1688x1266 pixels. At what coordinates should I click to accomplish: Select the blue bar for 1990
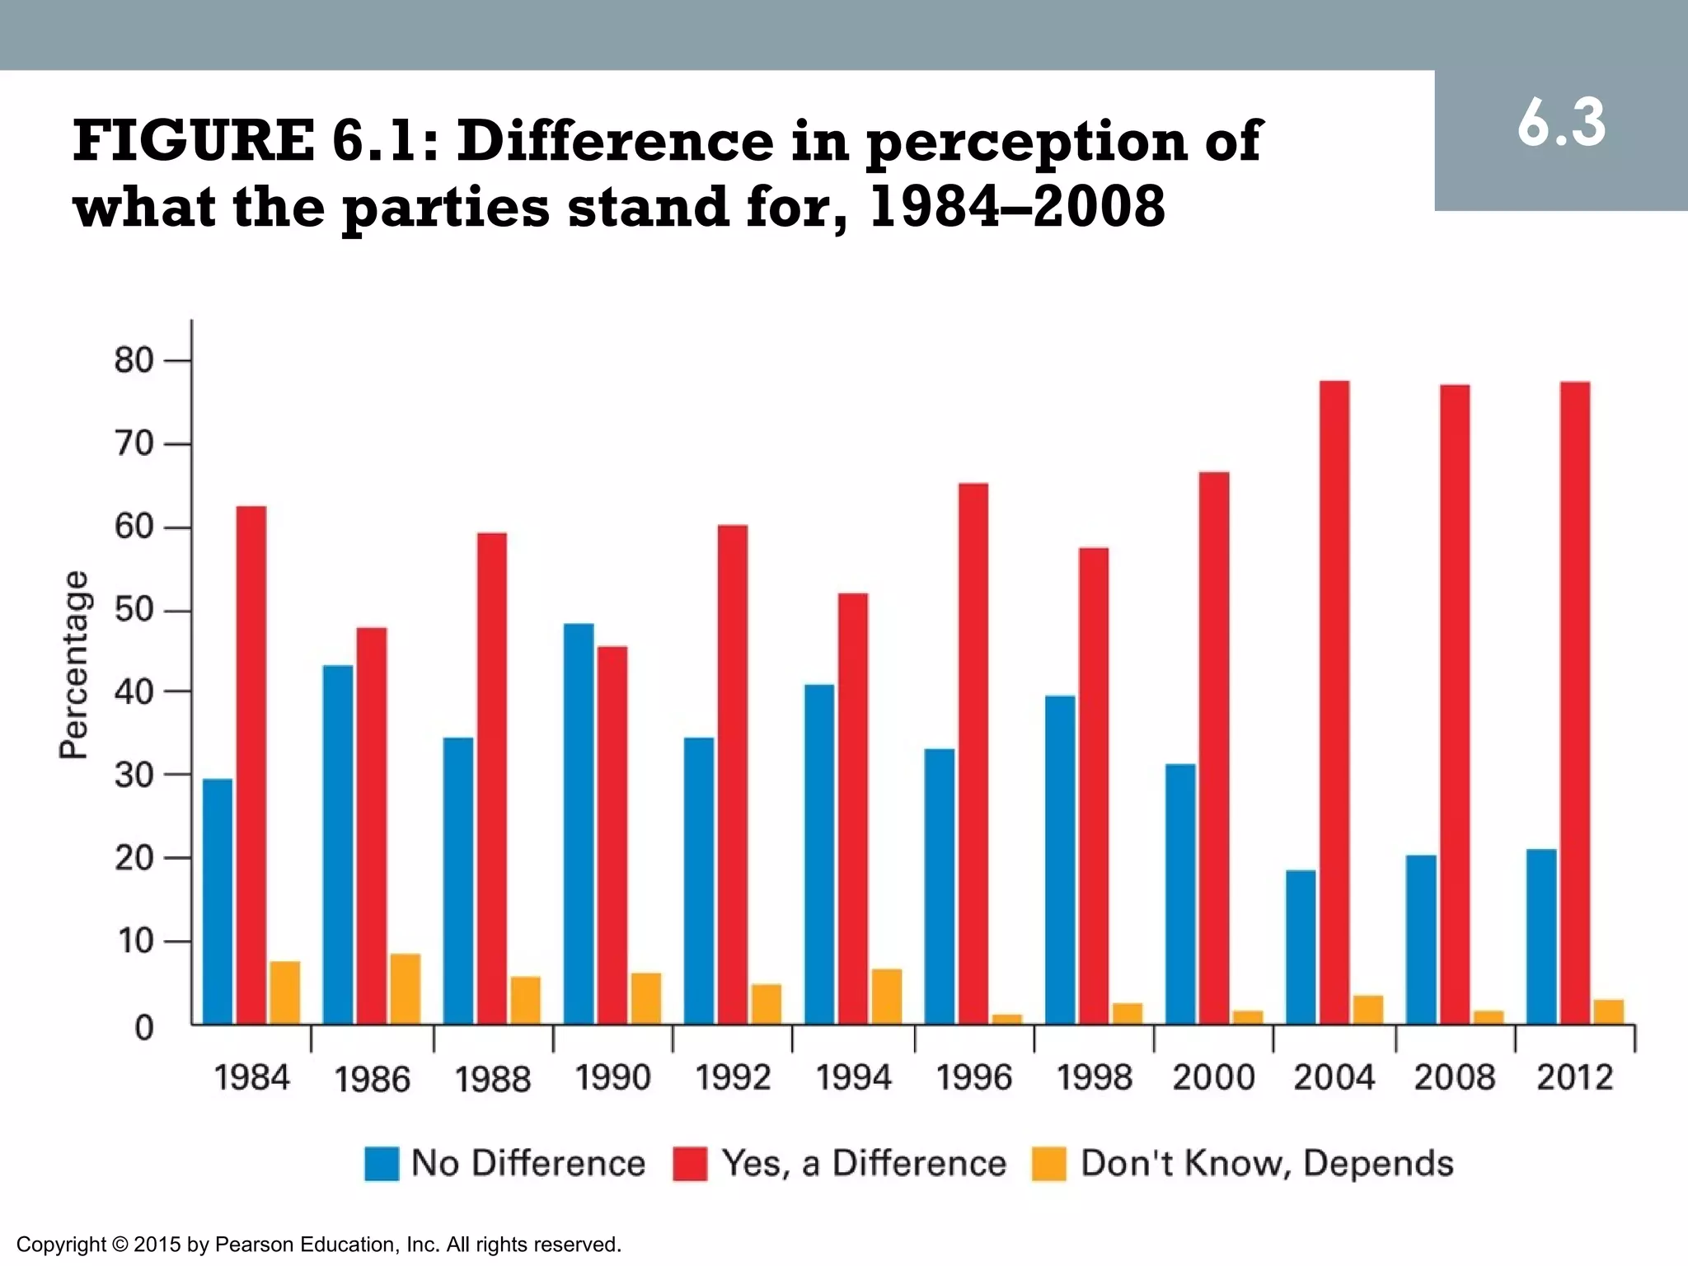[579, 823]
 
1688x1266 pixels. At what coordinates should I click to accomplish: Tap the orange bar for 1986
[405, 989]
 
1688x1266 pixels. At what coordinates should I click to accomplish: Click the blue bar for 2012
[1541, 936]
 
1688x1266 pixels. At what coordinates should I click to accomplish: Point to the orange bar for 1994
[887, 996]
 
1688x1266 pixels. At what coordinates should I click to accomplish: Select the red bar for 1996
[973, 753]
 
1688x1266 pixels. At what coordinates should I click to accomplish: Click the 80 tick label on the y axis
[134, 361]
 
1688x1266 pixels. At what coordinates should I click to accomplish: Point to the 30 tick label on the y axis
[134, 775]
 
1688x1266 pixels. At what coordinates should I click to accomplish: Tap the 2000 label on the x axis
[1213, 1078]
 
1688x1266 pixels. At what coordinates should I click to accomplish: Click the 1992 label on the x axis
[733, 1078]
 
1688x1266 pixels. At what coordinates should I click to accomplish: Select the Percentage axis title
[73, 664]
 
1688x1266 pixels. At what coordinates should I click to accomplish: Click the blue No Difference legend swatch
[382, 1164]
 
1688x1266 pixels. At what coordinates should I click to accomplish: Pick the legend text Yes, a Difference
[864, 1164]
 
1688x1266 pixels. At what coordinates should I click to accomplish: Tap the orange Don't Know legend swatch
[1048, 1164]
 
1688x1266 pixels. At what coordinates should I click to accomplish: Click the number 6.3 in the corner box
[1561, 124]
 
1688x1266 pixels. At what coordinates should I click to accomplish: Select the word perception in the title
[1025, 142]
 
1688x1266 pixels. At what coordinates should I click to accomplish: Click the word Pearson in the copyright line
[253, 1245]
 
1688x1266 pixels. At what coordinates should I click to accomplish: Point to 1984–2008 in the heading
[1017, 207]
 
